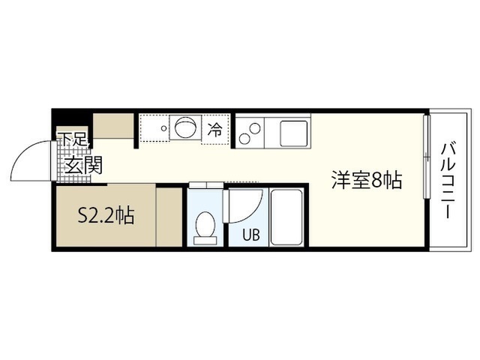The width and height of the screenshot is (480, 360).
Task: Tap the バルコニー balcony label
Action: click(x=448, y=181)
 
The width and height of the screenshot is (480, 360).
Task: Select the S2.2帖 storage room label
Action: click(x=106, y=216)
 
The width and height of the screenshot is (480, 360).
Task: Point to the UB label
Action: click(x=251, y=235)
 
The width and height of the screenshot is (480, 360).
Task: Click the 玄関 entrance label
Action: click(x=83, y=165)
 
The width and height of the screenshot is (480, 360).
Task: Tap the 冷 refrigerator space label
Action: click(x=215, y=130)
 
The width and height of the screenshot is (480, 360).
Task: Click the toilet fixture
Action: click(x=205, y=228)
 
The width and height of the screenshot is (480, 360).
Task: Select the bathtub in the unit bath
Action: click(x=286, y=217)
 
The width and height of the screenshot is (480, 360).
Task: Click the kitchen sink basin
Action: click(x=294, y=133)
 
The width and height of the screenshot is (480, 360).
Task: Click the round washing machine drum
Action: click(x=185, y=127)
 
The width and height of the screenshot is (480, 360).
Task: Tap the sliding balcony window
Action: click(x=427, y=157)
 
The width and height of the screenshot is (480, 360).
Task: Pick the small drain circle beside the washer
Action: click(x=164, y=128)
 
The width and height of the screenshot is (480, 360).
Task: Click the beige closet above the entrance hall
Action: click(x=113, y=126)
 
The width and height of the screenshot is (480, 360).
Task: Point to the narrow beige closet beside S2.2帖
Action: click(x=169, y=217)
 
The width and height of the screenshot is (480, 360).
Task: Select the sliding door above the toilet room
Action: click(x=206, y=185)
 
